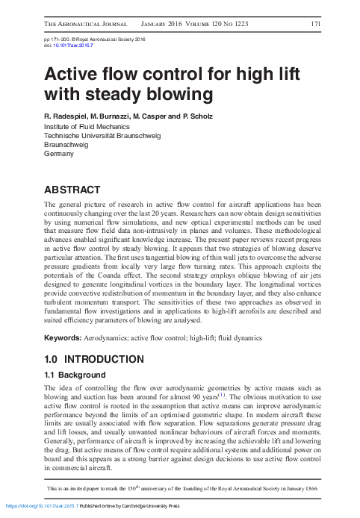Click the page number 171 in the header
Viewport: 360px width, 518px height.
314,24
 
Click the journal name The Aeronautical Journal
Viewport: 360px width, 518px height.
86,24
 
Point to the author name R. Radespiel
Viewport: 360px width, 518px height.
66,117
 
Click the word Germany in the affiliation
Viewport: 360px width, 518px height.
60,154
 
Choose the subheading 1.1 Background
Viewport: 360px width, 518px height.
75,375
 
